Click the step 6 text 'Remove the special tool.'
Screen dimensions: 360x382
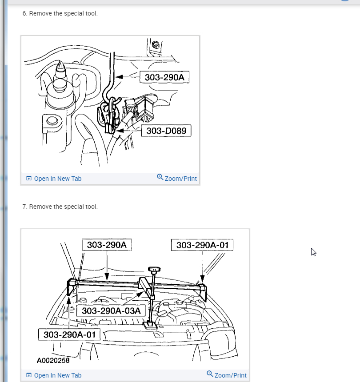click(64, 13)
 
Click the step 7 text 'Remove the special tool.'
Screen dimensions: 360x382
click(64, 207)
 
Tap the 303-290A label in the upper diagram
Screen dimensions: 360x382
click(164, 77)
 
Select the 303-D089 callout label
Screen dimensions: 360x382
click(166, 131)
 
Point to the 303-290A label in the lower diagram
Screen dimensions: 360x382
click(107, 245)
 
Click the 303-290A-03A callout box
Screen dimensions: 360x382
click(111, 310)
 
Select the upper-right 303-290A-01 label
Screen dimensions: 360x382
click(202, 245)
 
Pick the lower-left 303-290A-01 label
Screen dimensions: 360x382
click(69, 334)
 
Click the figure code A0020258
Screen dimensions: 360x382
click(53, 360)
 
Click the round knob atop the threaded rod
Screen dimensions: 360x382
click(154, 269)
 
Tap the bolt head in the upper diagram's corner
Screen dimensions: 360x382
click(156, 44)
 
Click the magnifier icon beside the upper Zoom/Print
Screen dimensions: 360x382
click(160, 177)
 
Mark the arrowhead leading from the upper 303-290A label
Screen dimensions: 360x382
click(119, 77)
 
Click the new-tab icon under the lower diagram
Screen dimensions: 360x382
click(29, 375)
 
